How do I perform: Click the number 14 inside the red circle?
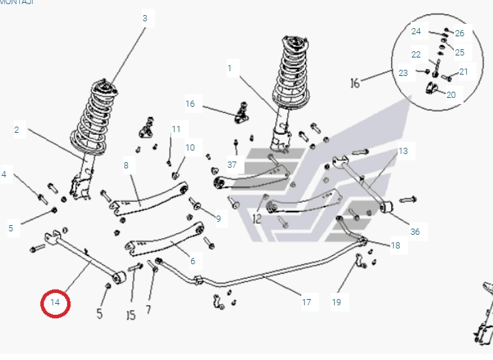(55, 303)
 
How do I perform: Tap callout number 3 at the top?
(144, 18)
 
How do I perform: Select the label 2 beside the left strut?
(16, 129)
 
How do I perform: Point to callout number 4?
(4, 175)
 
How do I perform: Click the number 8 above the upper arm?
(126, 165)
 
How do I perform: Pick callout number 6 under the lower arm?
(192, 261)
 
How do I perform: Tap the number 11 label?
(176, 129)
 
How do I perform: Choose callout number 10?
(190, 147)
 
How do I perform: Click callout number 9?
(218, 219)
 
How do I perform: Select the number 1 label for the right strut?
(229, 68)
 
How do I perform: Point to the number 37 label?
(232, 164)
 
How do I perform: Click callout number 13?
(403, 151)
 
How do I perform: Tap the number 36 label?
(415, 231)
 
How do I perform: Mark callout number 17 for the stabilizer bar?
(306, 302)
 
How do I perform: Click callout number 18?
(396, 245)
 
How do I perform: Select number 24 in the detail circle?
(416, 31)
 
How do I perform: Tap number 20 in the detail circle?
(451, 95)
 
